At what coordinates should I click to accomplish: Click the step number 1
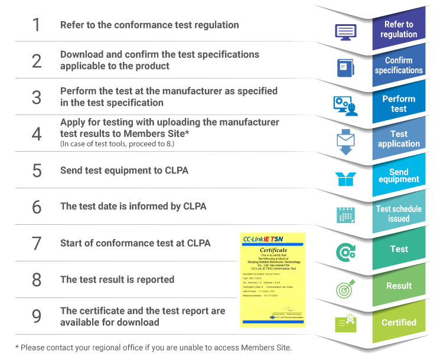pyautogui.click(x=36, y=25)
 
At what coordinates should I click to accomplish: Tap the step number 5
pyautogui.click(x=37, y=170)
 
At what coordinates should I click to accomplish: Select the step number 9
pyautogui.click(x=37, y=316)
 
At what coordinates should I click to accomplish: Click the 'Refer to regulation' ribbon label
pyautogui.click(x=399, y=30)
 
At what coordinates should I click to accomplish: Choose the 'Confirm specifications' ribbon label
pyautogui.click(x=399, y=66)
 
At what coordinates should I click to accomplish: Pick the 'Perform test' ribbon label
pyautogui.click(x=399, y=103)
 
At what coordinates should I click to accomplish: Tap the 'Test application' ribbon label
pyautogui.click(x=399, y=139)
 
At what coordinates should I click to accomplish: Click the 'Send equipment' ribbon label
pyautogui.click(x=399, y=175)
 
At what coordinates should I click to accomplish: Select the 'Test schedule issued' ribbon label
pyautogui.click(x=399, y=214)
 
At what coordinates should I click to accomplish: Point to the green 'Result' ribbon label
pyautogui.click(x=399, y=286)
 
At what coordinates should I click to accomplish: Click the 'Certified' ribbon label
pyautogui.click(x=399, y=322)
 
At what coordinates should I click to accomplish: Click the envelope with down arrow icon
pyautogui.click(x=345, y=141)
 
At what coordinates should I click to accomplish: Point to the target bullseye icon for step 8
pyautogui.click(x=345, y=289)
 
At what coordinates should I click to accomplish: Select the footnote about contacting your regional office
pyautogui.click(x=154, y=347)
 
